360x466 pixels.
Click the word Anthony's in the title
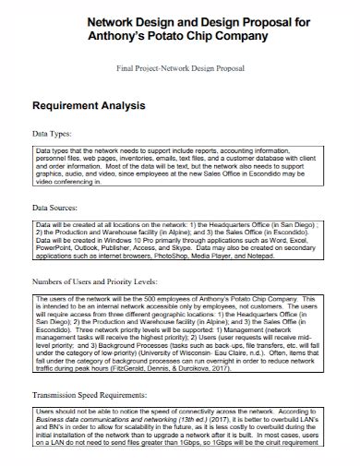[x=113, y=36]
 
